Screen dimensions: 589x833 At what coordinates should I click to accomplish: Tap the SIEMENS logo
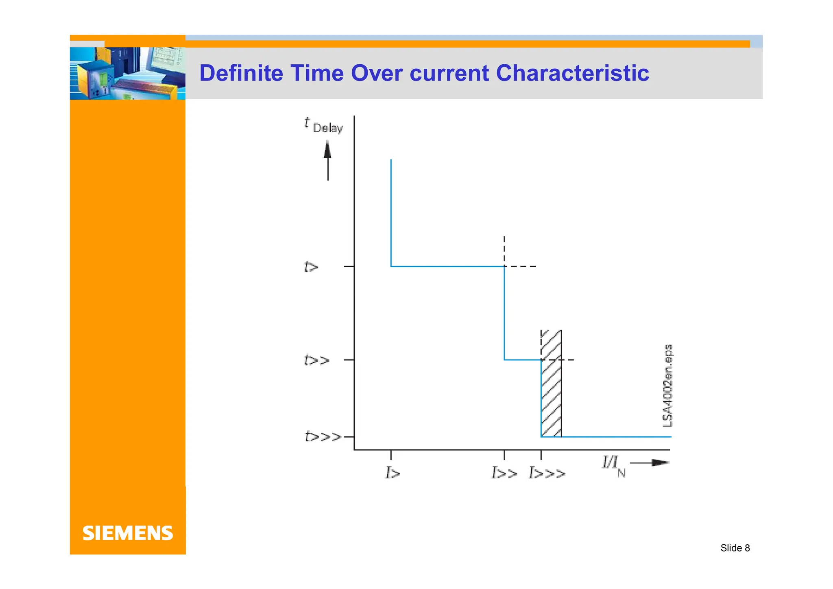coord(128,533)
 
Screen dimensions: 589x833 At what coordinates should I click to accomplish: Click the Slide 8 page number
coord(735,548)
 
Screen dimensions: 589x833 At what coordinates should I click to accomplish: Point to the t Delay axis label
coord(324,125)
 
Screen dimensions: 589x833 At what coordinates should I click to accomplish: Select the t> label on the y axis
coord(311,267)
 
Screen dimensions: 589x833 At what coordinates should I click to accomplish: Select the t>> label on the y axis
coord(316,360)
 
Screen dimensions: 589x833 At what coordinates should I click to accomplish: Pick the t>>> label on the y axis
coord(323,437)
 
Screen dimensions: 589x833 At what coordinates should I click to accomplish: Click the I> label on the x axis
coord(393,473)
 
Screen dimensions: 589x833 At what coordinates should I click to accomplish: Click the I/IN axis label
coord(613,466)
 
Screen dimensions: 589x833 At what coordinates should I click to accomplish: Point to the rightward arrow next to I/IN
coord(650,463)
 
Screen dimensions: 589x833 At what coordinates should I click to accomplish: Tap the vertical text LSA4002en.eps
coord(668,386)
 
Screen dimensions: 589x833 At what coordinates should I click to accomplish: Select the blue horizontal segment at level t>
coord(447,266)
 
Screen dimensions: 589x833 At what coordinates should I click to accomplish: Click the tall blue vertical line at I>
coord(391,212)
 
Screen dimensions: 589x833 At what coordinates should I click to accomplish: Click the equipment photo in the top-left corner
coord(128,73)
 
